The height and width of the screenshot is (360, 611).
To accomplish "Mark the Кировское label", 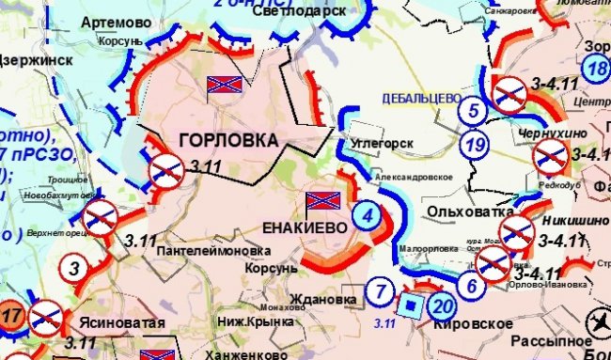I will [473, 324].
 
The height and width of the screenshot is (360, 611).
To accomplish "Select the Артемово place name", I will [115, 21].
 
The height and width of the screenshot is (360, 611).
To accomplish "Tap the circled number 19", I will [476, 145].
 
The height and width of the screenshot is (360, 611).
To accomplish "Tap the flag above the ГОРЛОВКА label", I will [225, 86].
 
